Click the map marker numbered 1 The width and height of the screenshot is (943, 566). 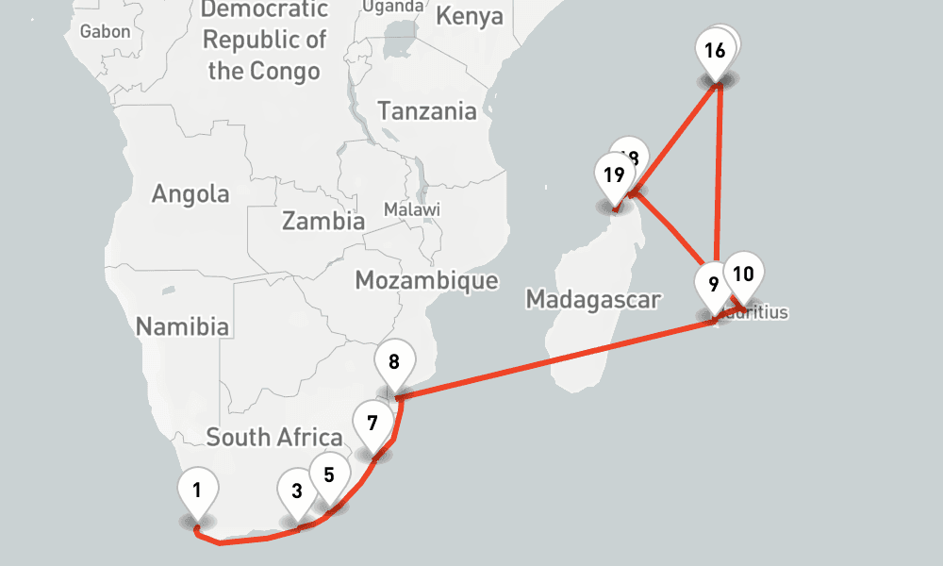[198, 491]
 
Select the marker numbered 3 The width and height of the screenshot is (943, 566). [297, 491]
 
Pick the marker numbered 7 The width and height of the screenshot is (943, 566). [372, 423]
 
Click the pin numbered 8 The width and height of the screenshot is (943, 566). [394, 361]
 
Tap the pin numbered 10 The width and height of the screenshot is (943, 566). [743, 275]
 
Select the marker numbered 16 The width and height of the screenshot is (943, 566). [715, 51]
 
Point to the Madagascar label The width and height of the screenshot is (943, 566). [593, 300]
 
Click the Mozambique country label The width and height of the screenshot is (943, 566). [426, 280]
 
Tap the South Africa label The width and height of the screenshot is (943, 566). [273, 438]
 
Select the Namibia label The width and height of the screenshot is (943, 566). [183, 327]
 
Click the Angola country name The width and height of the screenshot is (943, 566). [190, 194]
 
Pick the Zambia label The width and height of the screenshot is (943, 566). [323, 223]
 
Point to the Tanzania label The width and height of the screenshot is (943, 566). [427, 111]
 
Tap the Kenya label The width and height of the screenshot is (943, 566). [470, 17]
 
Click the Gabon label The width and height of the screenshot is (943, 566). [106, 32]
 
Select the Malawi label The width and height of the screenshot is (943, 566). [412, 209]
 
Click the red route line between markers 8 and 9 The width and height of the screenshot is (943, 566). [556, 358]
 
